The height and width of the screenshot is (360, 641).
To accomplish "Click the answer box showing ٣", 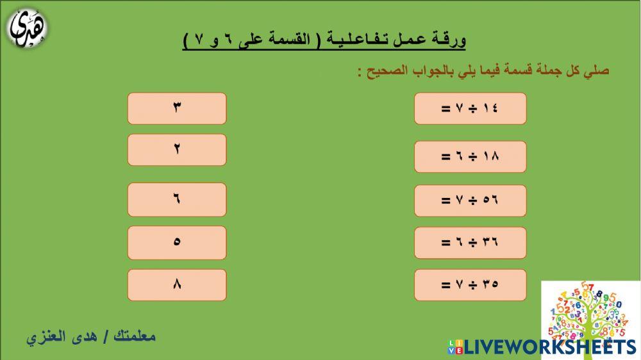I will point(177,108).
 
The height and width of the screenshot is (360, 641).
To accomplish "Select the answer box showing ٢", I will point(177,149).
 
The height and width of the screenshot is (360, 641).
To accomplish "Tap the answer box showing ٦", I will point(177,199).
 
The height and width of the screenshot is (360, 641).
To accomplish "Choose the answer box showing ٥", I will point(177,242).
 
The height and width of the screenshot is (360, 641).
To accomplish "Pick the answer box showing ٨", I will point(177,285).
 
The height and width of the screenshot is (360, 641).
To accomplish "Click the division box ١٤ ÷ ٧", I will point(470,108).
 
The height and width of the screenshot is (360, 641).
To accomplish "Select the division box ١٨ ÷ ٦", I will point(470,156).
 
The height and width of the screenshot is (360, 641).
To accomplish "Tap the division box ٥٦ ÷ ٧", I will point(470,200).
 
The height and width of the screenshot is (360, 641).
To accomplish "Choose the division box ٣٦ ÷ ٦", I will point(470,242).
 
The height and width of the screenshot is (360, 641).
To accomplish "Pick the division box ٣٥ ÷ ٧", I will point(470,285).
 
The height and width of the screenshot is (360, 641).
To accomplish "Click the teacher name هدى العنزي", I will point(57,336).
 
